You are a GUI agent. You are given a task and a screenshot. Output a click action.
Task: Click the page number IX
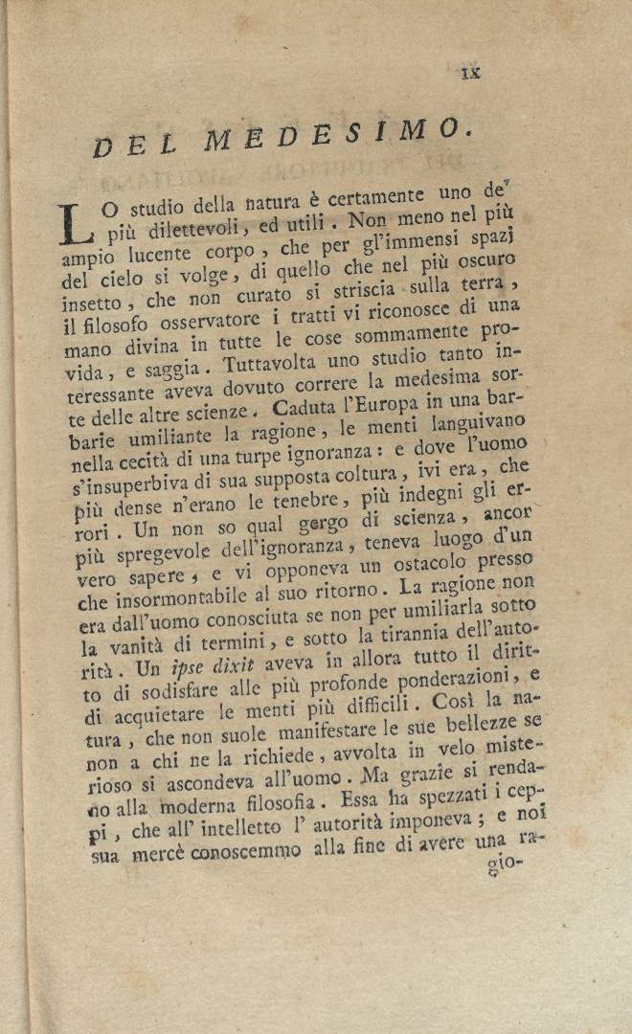point(471,71)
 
